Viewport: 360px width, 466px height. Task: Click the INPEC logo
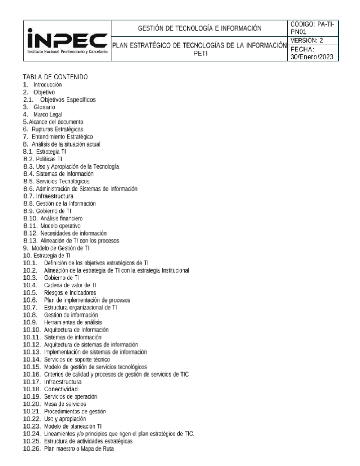(67, 41)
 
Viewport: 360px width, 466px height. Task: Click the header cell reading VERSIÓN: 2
(307, 41)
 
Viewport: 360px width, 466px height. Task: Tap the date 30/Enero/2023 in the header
(312, 57)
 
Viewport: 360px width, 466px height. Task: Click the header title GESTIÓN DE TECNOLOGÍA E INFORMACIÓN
(200, 28)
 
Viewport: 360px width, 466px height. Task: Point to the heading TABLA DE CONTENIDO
(55, 77)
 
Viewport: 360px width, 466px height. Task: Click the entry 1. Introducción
(42, 85)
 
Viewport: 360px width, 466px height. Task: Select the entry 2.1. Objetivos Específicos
(60, 99)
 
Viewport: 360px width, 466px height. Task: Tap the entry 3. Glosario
(39, 107)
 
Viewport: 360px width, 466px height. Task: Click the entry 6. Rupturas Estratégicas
(53, 129)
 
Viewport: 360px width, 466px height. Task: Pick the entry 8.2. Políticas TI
(43, 159)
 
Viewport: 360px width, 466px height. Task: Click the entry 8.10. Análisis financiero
(53, 218)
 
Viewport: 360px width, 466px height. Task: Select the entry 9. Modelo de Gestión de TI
(56, 248)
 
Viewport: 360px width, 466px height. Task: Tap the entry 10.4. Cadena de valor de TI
(60, 285)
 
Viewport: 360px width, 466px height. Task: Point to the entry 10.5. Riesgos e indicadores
(60, 293)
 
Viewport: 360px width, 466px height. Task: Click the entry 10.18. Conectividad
(50, 389)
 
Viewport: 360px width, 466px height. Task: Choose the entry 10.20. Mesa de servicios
(55, 404)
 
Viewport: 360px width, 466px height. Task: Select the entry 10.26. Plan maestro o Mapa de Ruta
(68, 449)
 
